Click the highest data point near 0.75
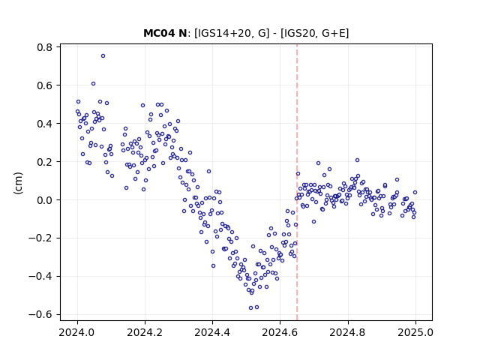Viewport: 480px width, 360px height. point(103,56)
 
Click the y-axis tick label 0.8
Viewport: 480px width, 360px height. point(44,47)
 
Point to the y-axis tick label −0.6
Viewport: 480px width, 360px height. point(40,315)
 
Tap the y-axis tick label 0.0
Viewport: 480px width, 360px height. point(44,200)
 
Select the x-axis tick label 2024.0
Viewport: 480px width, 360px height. point(77,332)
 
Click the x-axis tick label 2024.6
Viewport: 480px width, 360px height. point(280,332)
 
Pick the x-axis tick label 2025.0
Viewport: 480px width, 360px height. point(415,332)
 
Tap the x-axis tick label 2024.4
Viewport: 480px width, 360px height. point(212,332)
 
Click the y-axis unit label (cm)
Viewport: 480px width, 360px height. point(18,183)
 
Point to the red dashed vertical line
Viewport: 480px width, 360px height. point(297,182)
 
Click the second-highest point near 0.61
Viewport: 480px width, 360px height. point(93,83)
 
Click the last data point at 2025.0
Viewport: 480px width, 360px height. point(415,192)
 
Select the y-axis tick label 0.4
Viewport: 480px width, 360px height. point(44,124)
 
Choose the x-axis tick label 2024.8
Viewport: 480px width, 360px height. point(347,332)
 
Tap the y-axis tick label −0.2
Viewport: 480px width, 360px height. point(40,238)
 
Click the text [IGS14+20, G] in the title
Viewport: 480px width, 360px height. point(232,33)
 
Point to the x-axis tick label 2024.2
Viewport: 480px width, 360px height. point(145,332)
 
